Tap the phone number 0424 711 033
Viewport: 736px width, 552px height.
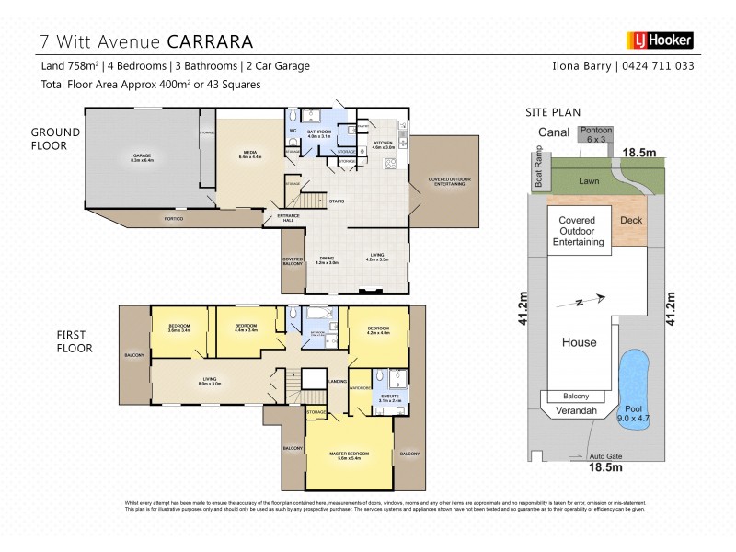(658, 66)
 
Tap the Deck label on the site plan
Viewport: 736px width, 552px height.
(631, 221)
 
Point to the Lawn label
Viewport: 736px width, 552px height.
(590, 182)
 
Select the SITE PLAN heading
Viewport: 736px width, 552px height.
(552, 112)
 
